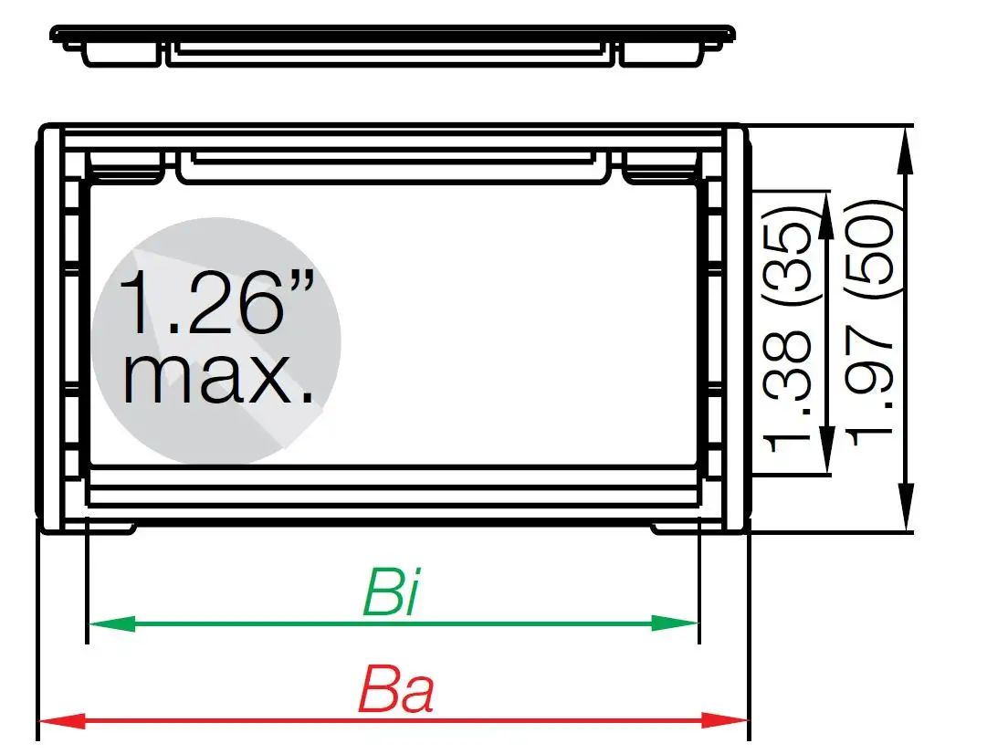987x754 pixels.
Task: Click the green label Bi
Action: pos(391,592)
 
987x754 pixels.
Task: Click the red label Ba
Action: pos(394,692)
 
